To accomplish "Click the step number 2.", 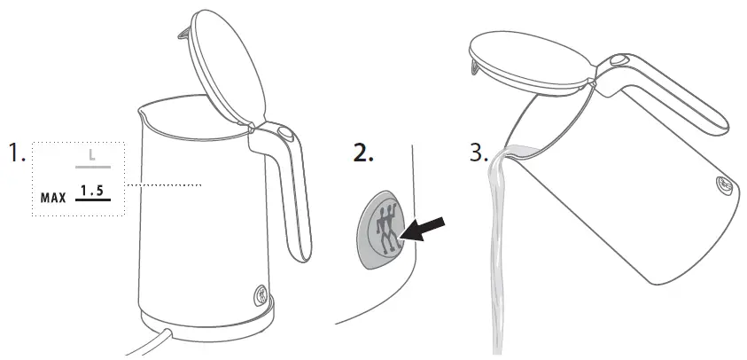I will [x=364, y=153].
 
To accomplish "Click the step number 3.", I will [x=479, y=153].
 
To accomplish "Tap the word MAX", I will [x=54, y=197].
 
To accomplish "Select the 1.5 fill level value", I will [x=92, y=191].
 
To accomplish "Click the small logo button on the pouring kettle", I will [x=723, y=186].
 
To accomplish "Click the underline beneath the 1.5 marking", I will [x=92, y=200].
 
